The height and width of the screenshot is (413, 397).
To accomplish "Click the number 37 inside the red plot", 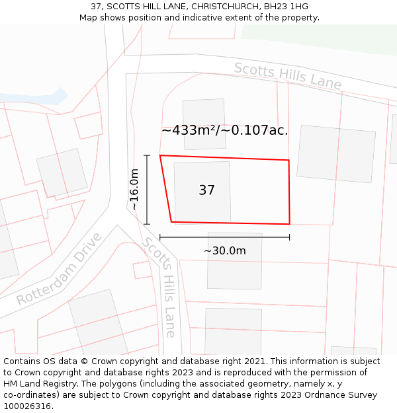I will tap(206, 190).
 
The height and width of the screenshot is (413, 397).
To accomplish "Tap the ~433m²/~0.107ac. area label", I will tap(224, 130).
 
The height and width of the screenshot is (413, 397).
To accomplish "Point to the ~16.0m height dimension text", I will tap(134, 190).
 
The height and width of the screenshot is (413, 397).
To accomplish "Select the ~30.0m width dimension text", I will tap(224, 251).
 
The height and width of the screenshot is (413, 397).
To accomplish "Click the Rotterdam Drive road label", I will tap(60, 269).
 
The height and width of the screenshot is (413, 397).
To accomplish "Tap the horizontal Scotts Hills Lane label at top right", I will tap(288, 76).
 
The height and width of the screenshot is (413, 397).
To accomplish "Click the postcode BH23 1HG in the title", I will tap(285, 7).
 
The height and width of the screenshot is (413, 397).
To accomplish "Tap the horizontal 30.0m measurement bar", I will tap(224, 237).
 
